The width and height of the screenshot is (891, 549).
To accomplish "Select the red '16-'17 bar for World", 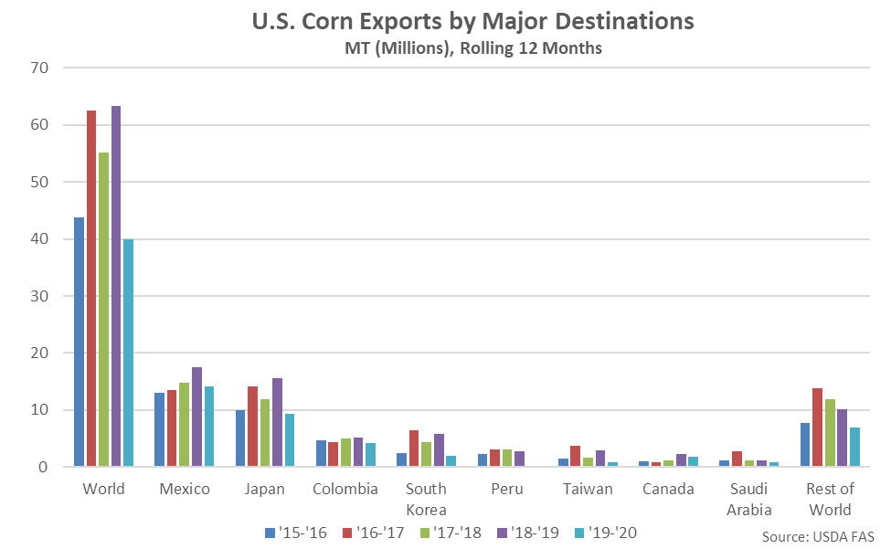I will click(x=91, y=289).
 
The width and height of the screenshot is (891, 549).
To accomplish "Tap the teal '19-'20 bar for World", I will click(x=128, y=353).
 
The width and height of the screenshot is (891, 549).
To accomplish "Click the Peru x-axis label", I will click(x=506, y=489).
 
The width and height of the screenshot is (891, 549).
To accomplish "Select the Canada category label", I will click(x=667, y=489).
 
